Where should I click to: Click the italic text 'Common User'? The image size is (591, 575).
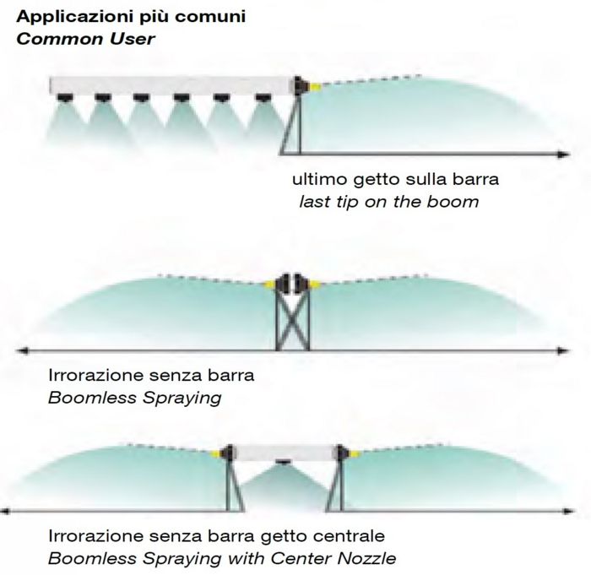click(86, 39)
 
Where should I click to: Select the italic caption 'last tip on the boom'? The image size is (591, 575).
click(388, 201)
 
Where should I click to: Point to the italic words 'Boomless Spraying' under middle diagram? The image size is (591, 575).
click(134, 396)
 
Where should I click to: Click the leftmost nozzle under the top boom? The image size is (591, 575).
click(62, 98)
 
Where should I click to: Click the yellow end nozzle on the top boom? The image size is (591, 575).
click(312, 85)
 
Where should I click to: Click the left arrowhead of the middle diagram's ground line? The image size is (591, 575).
click(23, 349)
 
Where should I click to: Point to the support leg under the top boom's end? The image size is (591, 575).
click(291, 127)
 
